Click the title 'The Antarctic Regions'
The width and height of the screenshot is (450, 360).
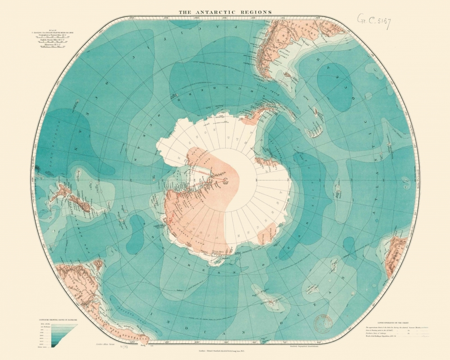[x=225, y=12]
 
